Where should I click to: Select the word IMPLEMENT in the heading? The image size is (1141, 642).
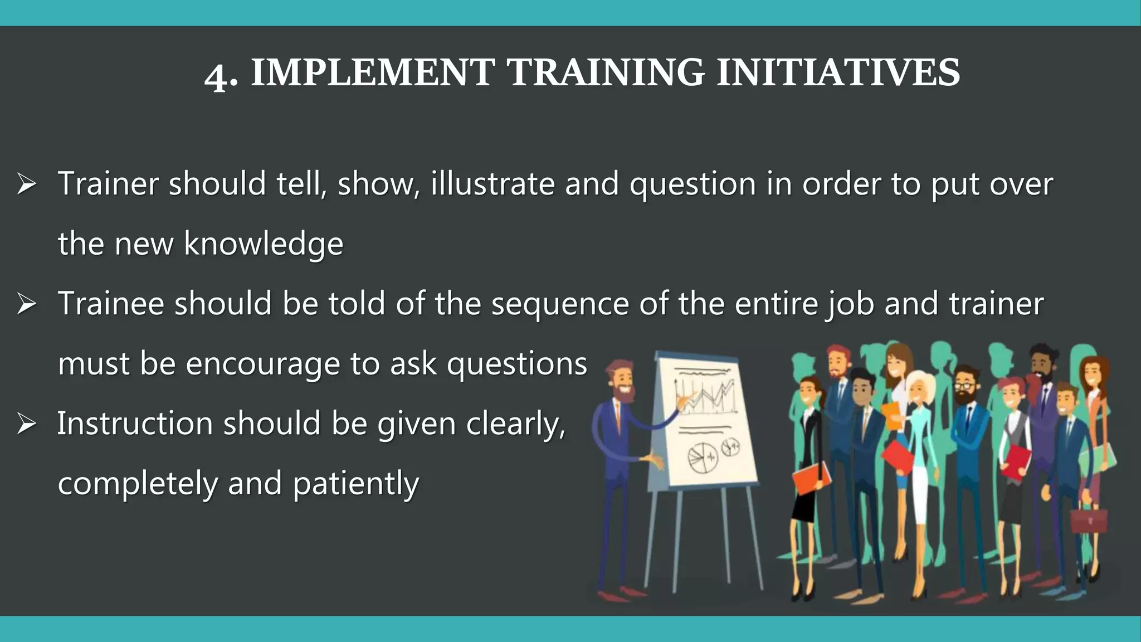(x=372, y=73)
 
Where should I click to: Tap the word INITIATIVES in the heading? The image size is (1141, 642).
(x=838, y=73)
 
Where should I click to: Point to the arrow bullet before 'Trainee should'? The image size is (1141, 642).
(x=26, y=304)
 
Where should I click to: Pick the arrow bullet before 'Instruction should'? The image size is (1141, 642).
(x=26, y=424)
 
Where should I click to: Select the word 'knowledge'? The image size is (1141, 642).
(x=264, y=244)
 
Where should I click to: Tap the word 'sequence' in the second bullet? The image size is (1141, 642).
(x=559, y=304)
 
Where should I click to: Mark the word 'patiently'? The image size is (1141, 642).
(x=355, y=484)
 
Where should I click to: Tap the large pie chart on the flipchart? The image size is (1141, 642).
(x=701, y=458)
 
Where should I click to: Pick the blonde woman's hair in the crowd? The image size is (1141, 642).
(x=918, y=385)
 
